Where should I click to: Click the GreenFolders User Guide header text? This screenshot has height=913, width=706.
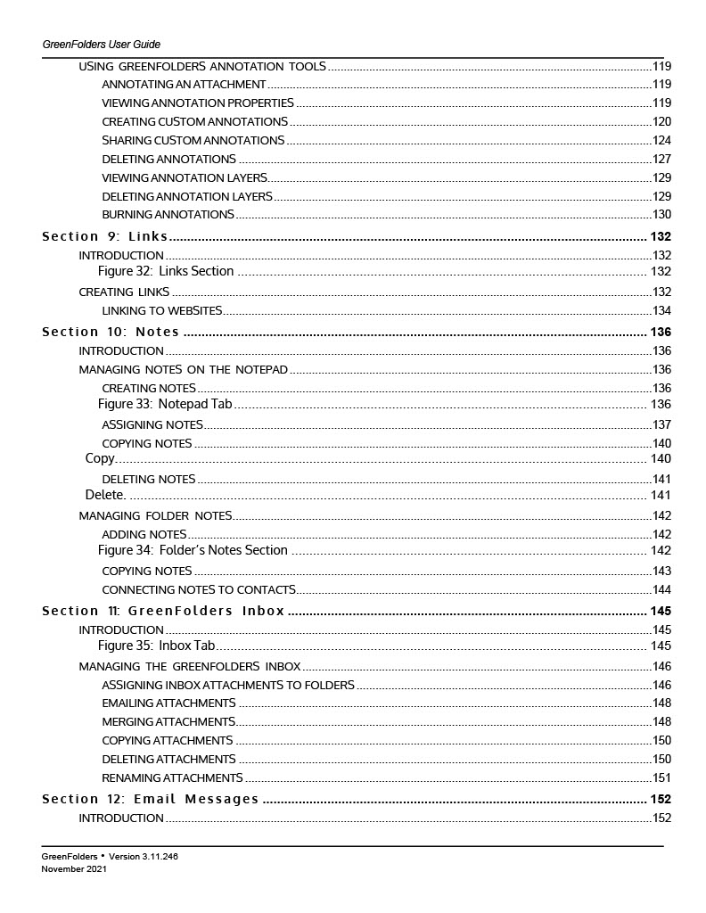[101, 45]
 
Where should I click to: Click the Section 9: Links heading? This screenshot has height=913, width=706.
[105, 236]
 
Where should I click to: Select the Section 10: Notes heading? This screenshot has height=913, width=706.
[111, 332]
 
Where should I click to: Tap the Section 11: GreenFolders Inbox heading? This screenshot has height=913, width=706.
[163, 611]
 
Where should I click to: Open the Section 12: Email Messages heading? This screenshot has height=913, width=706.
[151, 799]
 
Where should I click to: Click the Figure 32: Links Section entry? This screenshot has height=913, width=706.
[166, 271]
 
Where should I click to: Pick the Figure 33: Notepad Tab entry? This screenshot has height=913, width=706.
[165, 404]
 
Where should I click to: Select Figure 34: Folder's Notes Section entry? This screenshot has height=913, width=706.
[193, 550]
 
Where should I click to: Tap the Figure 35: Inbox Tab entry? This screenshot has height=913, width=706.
[157, 646]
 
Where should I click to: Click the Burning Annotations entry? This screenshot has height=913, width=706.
[168, 215]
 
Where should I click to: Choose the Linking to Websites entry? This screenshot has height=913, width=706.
[161, 310]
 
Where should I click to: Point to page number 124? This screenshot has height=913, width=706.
[661, 141]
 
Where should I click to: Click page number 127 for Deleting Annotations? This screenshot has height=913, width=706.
[661, 160]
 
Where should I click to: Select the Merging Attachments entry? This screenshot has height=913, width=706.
[168, 721]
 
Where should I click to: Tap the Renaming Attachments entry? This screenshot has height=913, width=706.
[172, 777]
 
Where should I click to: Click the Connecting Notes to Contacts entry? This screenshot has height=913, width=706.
[199, 589]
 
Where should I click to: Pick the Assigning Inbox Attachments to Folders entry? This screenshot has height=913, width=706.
[228, 685]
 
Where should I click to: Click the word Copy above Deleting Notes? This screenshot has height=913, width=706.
[100, 458]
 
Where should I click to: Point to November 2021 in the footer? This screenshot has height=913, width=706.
[74, 868]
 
